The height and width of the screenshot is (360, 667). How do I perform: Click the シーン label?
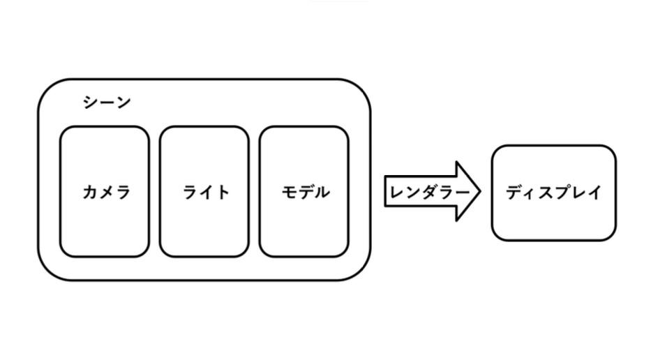point(107,103)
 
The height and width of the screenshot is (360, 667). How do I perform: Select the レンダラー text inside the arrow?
point(428,192)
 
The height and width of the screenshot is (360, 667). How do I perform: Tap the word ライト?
point(206,192)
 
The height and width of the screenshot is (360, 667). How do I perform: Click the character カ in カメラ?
point(90,192)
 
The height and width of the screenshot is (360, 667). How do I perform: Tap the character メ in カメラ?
point(106,192)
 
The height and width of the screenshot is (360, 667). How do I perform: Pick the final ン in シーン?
point(123,103)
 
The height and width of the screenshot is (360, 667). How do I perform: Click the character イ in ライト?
point(207,192)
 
